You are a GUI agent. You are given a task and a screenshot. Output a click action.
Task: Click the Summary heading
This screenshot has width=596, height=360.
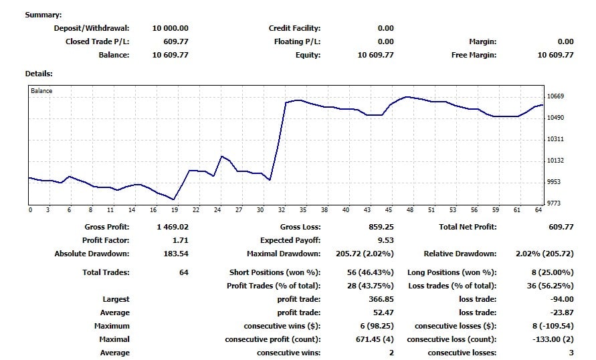(43, 15)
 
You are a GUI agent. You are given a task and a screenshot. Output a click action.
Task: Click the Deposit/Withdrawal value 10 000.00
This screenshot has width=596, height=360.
(170, 28)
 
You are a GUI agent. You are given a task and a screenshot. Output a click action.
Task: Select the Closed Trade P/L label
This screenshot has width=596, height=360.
(97, 41)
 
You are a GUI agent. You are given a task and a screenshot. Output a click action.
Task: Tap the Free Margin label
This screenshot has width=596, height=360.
(474, 55)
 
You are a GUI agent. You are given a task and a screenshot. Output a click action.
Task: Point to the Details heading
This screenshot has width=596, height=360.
(39, 74)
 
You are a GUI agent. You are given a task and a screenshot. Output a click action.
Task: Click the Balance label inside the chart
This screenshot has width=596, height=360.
(41, 90)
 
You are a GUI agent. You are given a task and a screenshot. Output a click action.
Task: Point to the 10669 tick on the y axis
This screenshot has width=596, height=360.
(556, 96)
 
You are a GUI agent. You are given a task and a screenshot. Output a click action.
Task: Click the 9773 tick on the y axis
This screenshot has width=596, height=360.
(555, 203)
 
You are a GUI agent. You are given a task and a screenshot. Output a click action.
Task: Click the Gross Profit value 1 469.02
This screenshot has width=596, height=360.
(173, 227)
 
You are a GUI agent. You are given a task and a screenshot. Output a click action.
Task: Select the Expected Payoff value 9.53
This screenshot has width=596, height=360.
(385, 240)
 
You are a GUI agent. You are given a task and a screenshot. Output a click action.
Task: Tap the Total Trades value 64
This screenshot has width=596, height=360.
(183, 272)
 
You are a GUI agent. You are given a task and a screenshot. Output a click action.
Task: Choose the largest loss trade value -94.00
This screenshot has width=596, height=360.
(561, 299)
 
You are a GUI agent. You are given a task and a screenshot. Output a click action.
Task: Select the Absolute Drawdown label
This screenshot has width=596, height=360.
(92, 254)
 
